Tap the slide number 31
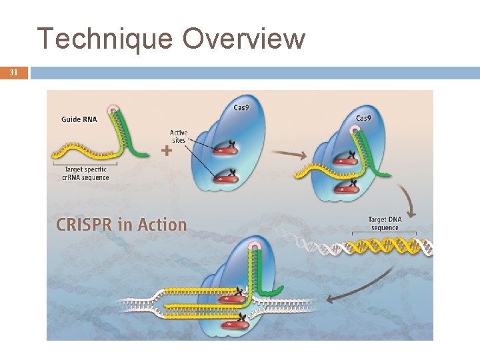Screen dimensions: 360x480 13,73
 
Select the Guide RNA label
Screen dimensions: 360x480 81,119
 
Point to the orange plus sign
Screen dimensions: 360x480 167,151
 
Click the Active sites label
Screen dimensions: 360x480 179,136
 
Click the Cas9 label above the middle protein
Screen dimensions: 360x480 242,107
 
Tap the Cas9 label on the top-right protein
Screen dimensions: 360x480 364,118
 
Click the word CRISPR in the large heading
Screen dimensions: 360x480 83,225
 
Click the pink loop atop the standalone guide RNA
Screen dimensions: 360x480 115,109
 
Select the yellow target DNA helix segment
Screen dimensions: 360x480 385,247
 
